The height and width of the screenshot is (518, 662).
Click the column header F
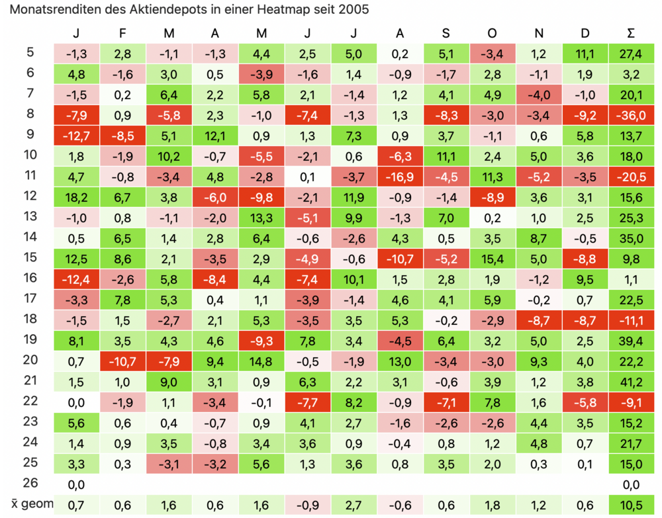(x=122, y=33)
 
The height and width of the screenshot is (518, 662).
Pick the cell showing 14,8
(x=261, y=361)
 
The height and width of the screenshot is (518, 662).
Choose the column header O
(x=493, y=33)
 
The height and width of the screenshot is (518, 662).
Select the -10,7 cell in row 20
(x=122, y=361)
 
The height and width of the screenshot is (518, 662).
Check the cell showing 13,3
(x=261, y=217)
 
